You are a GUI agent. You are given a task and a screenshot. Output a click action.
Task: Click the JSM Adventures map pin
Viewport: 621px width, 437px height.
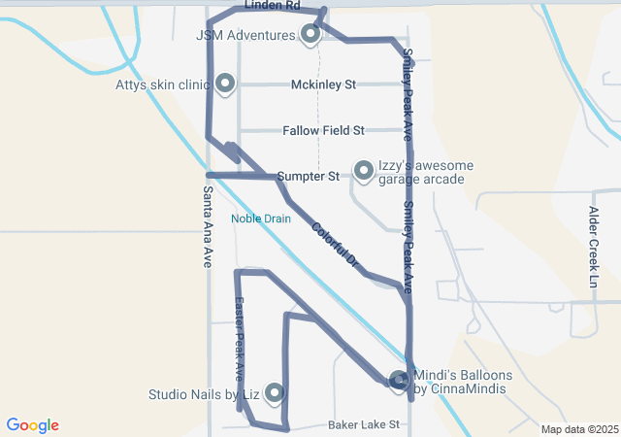coord(310,34)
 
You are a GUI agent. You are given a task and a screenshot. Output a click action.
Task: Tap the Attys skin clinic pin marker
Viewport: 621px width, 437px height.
coord(225,84)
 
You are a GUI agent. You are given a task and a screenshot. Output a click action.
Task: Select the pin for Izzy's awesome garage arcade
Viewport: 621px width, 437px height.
coord(364,171)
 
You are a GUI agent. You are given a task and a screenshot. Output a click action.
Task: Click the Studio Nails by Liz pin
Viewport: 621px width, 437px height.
coord(274,393)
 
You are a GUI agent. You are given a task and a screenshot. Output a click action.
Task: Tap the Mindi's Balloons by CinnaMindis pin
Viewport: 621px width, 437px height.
coord(399,381)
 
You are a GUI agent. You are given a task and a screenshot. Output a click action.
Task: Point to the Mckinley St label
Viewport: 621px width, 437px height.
coord(324,84)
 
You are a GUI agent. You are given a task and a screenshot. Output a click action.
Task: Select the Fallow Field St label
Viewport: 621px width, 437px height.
coord(323,130)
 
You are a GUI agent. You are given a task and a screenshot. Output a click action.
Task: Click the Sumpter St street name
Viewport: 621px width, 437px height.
coord(308,177)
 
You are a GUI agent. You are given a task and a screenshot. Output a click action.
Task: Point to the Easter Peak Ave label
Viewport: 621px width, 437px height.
coord(240,339)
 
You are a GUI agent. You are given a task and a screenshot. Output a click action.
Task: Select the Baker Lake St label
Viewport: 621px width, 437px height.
coord(364,425)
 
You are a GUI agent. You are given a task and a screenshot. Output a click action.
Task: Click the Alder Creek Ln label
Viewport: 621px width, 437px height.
coord(593,246)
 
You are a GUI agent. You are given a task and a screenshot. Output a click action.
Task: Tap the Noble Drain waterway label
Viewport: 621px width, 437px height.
coord(261,218)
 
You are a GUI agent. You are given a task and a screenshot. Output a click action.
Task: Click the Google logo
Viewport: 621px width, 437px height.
coord(32,425)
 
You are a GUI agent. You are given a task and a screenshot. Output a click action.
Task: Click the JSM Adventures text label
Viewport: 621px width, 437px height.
coord(245,36)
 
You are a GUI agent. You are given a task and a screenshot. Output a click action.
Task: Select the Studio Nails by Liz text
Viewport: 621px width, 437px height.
coord(203,395)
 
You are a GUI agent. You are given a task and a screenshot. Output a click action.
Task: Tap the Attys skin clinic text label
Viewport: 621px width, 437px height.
coord(161,85)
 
